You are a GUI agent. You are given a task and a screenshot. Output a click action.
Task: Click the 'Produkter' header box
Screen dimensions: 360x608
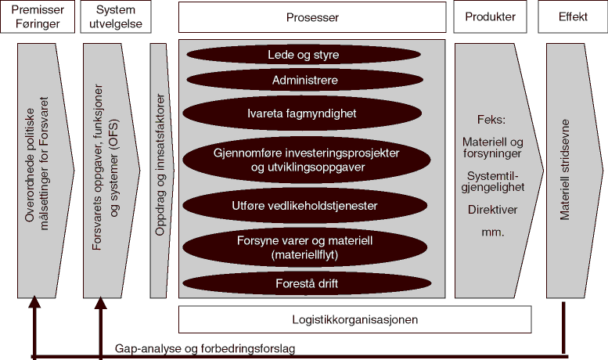(x=491, y=17)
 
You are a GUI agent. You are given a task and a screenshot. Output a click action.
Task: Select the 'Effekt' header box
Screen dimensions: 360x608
(x=573, y=17)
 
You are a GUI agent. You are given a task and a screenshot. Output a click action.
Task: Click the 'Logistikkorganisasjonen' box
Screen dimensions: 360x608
(x=354, y=319)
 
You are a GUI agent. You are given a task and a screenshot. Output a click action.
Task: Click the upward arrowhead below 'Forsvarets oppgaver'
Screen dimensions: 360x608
(x=100, y=301)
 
